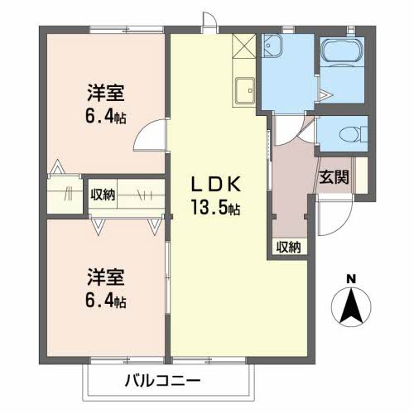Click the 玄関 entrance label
[335, 176]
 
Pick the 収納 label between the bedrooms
[103, 195]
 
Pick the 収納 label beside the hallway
[288, 246]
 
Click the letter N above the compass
[351, 278]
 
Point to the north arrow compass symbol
[351, 306]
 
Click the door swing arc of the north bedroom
[149, 132]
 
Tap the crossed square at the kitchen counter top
[245, 45]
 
